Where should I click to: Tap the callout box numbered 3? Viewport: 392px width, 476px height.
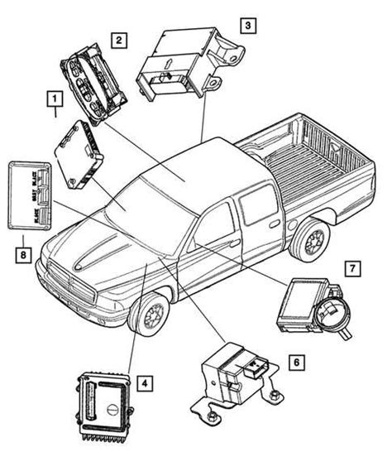pyautogui.click(x=246, y=26)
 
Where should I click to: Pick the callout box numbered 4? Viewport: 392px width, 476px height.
pyautogui.click(x=144, y=383)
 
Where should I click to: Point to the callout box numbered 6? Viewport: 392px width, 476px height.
pyautogui.click(x=296, y=362)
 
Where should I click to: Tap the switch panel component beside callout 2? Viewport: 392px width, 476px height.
pyautogui.click(x=92, y=84)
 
